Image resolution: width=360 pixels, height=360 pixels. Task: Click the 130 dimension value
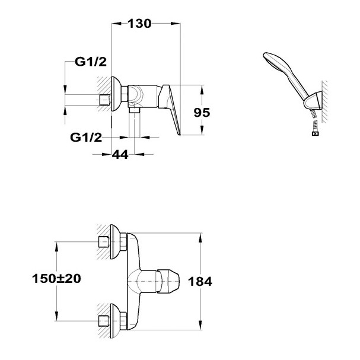139,24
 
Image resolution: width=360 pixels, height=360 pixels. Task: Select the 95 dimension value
202,113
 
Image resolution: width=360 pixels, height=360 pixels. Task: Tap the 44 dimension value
120,155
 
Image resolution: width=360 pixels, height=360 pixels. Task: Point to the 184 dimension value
200,282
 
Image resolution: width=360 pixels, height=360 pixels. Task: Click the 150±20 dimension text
56,279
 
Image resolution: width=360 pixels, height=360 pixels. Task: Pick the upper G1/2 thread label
91,62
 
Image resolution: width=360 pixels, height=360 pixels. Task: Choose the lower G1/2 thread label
86,137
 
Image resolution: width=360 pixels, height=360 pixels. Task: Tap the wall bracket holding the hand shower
313,101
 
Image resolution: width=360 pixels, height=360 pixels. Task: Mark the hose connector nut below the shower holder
316,133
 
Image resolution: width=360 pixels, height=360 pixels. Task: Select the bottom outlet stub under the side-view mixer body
135,110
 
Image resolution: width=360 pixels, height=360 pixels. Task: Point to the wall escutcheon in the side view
115,94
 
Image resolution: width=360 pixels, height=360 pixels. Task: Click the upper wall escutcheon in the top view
115,241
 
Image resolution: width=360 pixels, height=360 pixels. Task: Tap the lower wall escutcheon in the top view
115,320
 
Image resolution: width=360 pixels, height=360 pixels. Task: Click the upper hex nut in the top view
123,241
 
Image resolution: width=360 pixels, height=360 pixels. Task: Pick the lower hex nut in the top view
123,320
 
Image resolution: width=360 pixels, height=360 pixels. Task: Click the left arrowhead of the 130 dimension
116,23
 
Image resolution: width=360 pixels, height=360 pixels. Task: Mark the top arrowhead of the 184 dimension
200,238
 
